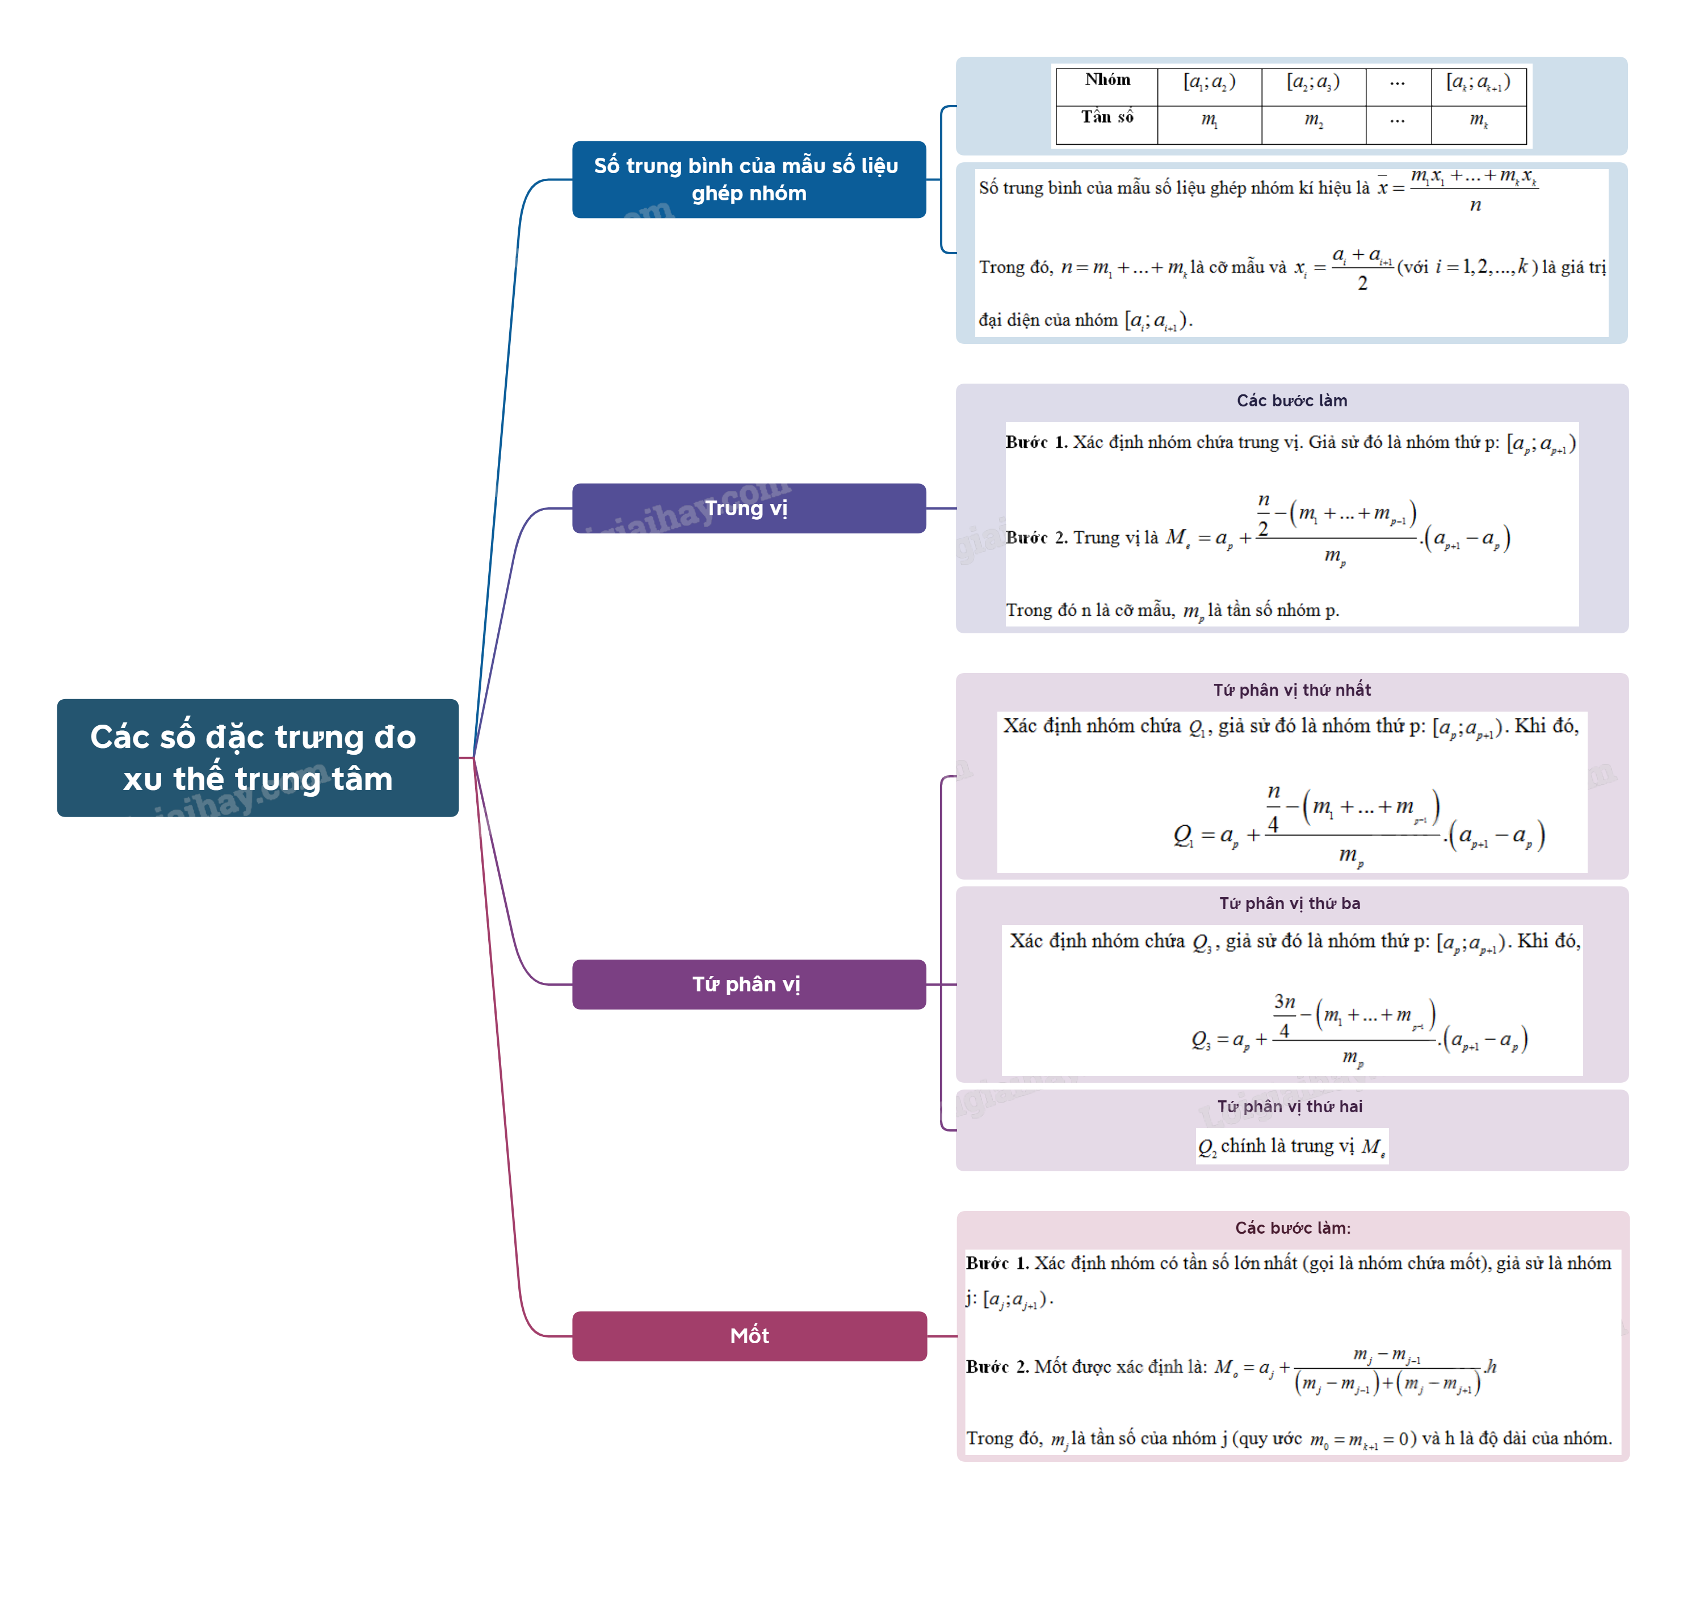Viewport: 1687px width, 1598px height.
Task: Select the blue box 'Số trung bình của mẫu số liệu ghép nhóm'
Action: [748, 180]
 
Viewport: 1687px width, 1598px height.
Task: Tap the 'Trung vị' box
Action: [748, 508]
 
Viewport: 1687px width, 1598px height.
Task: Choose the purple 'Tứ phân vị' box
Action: [748, 984]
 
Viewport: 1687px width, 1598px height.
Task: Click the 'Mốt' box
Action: [748, 1336]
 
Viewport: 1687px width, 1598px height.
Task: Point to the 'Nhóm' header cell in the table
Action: [1107, 80]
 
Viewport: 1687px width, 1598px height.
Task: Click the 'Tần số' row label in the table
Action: [1107, 117]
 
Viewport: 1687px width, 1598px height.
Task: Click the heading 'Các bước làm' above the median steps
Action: [1292, 401]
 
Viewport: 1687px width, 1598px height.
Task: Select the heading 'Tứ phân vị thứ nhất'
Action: [1292, 690]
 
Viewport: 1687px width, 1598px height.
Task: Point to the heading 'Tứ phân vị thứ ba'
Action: [1289, 904]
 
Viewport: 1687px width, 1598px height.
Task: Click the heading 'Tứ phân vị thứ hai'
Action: [1289, 1107]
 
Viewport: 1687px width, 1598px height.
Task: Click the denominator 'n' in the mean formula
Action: [1475, 205]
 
